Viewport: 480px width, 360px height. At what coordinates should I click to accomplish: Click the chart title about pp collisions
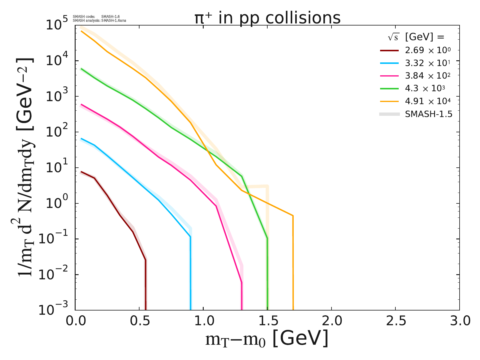click(x=267, y=18)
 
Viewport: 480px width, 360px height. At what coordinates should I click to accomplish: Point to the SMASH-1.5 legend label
click(x=428, y=114)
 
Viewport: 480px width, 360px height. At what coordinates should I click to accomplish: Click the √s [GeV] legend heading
click(x=416, y=37)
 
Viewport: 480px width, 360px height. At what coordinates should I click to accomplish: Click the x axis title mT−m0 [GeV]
click(x=267, y=339)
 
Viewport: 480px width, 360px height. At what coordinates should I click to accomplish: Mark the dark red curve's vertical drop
click(x=145, y=285)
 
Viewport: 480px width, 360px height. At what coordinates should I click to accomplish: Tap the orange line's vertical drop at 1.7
click(x=293, y=264)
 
